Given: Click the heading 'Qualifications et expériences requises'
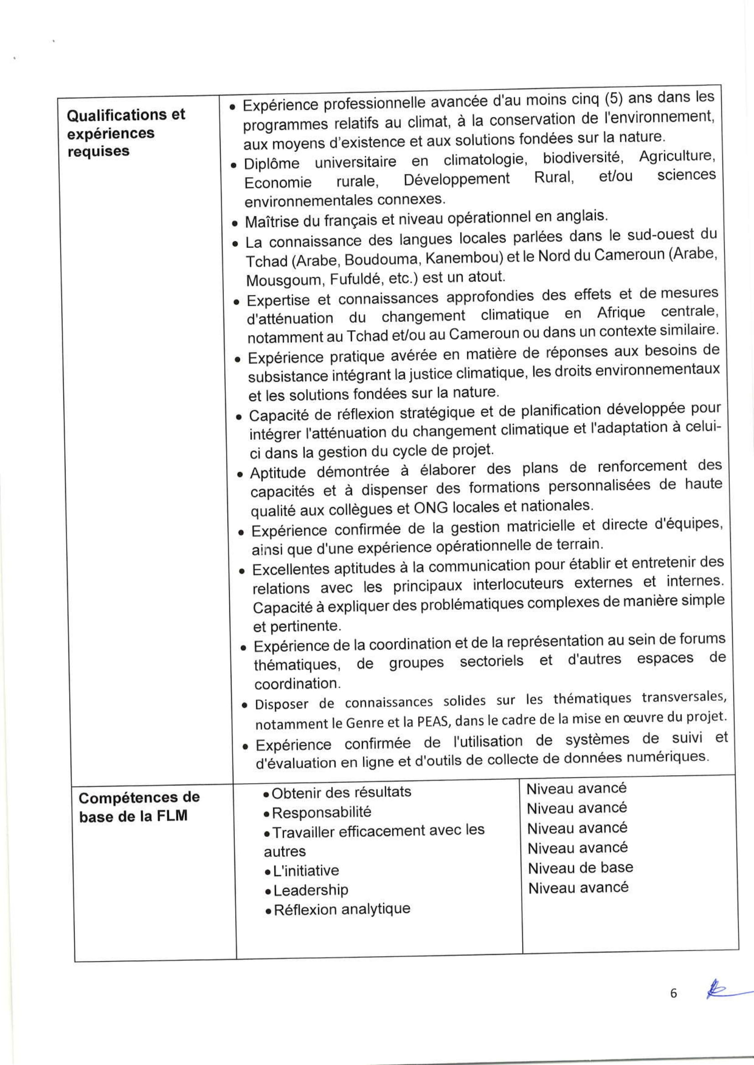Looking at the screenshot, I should pos(125,133).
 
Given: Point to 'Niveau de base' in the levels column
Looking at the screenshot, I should pos(580,867).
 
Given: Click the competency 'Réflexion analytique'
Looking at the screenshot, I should pos(342,909).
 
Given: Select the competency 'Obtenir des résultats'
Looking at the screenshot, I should pos(341,792).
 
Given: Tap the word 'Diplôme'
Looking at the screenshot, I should pos(272,163).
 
